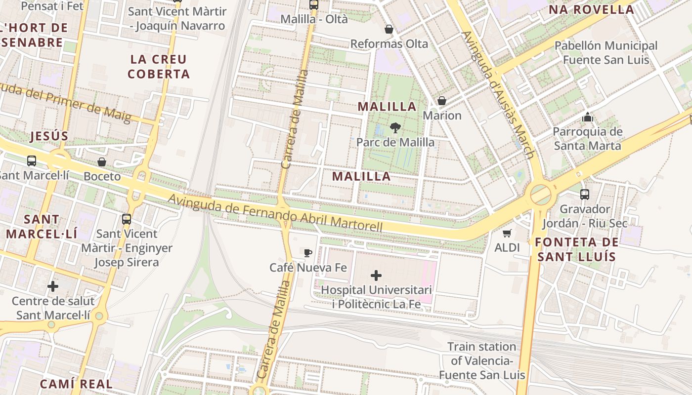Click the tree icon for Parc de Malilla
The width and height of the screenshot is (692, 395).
pyautogui.click(x=395, y=128)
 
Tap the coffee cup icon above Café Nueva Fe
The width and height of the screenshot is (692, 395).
pyautogui.click(x=308, y=253)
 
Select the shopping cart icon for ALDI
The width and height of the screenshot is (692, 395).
pyautogui.click(x=507, y=233)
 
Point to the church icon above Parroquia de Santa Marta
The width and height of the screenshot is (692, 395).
pyautogui.click(x=587, y=117)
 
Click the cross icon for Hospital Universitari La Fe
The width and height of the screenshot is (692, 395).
pyautogui.click(x=376, y=276)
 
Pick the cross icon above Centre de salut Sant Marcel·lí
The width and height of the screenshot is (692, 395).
pyautogui.click(x=53, y=286)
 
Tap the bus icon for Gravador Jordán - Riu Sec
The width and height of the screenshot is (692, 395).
pyautogui.click(x=585, y=195)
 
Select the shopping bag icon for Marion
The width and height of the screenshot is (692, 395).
pyautogui.click(x=442, y=101)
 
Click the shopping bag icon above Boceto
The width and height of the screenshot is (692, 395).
pyautogui.click(x=102, y=162)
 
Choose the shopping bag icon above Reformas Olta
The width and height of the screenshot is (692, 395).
pyautogui.click(x=389, y=29)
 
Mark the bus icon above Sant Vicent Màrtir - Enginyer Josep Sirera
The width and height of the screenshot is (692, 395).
pyautogui.click(x=127, y=219)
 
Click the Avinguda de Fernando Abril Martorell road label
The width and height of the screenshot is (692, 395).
pyautogui.click(x=275, y=214)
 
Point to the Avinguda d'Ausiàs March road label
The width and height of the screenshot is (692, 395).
pyautogui.click(x=498, y=95)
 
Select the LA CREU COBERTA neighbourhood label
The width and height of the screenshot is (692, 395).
pyautogui.click(x=159, y=67)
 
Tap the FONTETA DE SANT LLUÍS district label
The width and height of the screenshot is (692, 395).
pyautogui.click(x=576, y=249)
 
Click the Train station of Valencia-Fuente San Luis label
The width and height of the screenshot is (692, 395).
pyautogui.click(x=482, y=361)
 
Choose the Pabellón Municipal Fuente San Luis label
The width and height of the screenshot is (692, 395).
pyautogui.click(x=605, y=53)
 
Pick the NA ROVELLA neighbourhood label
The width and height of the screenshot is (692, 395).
pyautogui.click(x=591, y=9)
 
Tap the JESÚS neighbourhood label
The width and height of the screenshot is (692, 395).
pyautogui.click(x=49, y=136)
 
